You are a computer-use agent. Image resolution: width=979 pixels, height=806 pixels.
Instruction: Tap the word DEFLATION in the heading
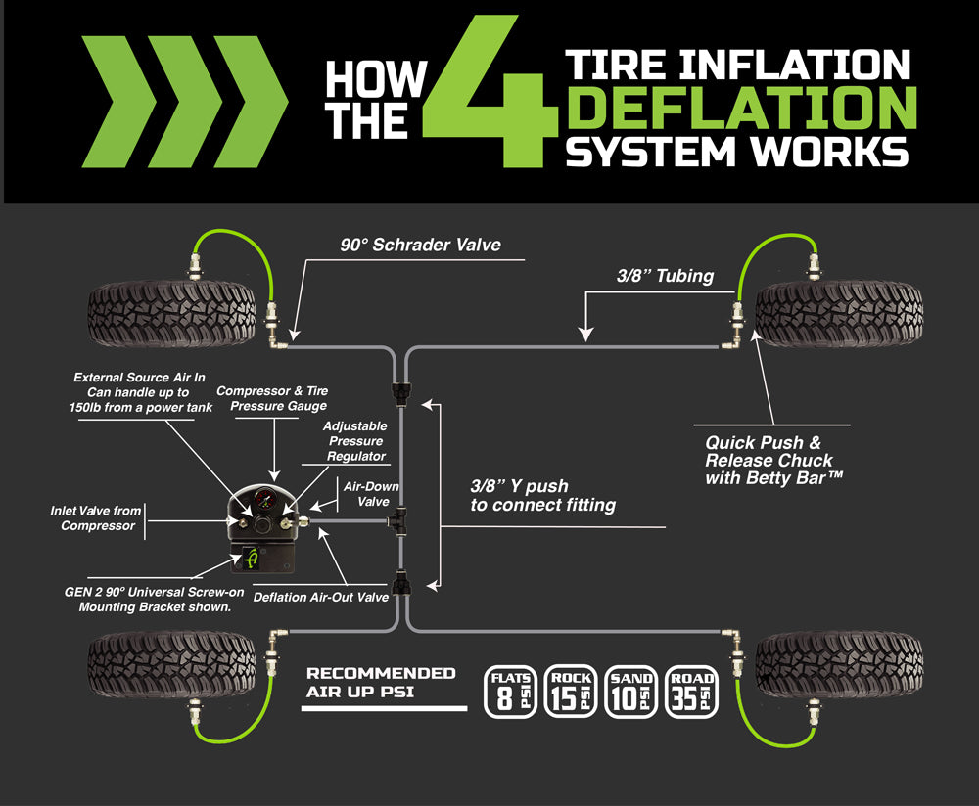pyautogui.click(x=742, y=108)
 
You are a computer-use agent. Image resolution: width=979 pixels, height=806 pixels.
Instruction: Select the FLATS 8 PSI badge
pyautogui.click(x=510, y=692)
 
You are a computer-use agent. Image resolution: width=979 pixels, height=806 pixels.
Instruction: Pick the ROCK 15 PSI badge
pyautogui.click(x=571, y=692)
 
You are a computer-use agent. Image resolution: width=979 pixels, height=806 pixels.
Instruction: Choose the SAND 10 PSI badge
pyautogui.click(x=630, y=692)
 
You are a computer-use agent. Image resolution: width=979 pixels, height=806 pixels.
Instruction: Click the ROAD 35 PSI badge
pyautogui.click(x=691, y=692)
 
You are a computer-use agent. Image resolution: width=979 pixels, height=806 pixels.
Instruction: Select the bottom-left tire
pyautogui.click(x=171, y=663)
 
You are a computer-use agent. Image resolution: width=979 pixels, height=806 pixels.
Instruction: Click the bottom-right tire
pyautogui.click(x=839, y=663)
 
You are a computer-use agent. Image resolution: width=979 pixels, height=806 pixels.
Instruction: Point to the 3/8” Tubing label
pyautogui.click(x=665, y=276)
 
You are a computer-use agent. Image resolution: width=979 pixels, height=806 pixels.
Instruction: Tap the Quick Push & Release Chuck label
pyautogui.click(x=769, y=460)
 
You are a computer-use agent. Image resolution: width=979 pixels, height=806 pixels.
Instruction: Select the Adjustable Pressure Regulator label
pyautogui.click(x=353, y=441)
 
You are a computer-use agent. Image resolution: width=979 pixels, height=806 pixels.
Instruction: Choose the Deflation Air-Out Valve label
pyautogui.click(x=321, y=596)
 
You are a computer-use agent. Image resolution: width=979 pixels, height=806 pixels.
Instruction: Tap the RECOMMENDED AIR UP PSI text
pyautogui.click(x=381, y=682)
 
